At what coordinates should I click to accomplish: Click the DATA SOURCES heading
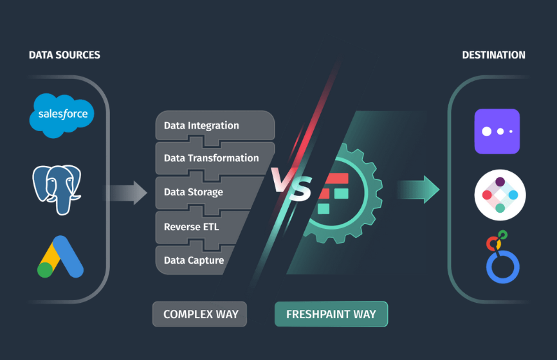click(64, 55)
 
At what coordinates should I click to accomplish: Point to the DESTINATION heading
click(493, 55)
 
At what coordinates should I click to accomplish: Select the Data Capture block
click(193, 260)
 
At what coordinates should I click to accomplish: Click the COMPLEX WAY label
click(201, 314)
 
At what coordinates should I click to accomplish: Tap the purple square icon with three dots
click(497, 131)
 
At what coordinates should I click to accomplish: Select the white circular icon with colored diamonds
click(500, 195)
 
